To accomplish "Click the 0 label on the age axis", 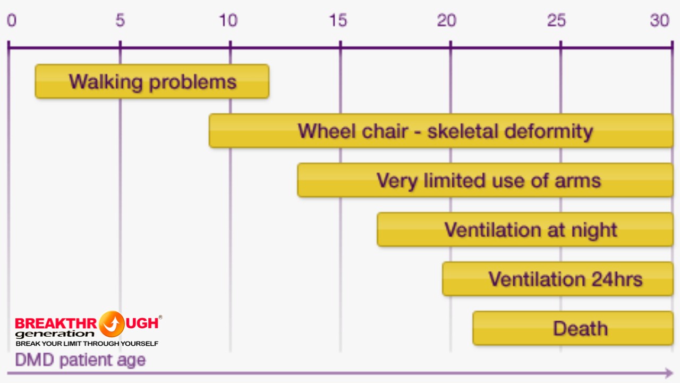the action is coord(12,21).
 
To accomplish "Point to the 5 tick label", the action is coord(120,21).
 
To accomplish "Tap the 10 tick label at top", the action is coord(228,21).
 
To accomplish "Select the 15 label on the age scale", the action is coord(338,21).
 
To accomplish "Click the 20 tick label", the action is coord(447,21).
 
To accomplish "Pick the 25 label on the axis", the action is coord(556,21).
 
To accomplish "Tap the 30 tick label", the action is coord(660,21).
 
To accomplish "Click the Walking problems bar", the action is coord(152,81).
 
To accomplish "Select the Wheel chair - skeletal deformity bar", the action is coord(441,131).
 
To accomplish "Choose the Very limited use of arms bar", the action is coord(486,180).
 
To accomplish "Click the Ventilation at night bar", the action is coord(525,229).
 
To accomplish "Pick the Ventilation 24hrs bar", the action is coord(558,279).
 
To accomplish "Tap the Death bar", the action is coord(573,328).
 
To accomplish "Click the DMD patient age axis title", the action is coord(80,360).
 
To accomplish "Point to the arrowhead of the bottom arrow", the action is coord(669,373).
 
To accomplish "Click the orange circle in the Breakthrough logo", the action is coord(112,324).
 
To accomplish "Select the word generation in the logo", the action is coord(55,334).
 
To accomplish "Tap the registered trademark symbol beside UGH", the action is coord(160,317).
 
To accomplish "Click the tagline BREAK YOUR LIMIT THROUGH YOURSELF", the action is coord(87,344).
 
